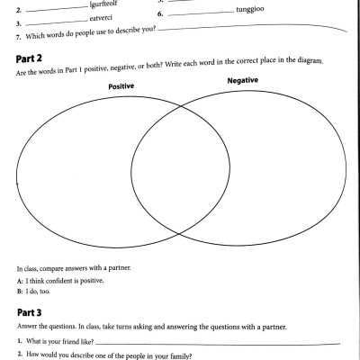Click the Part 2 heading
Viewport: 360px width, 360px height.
click(32, 58)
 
